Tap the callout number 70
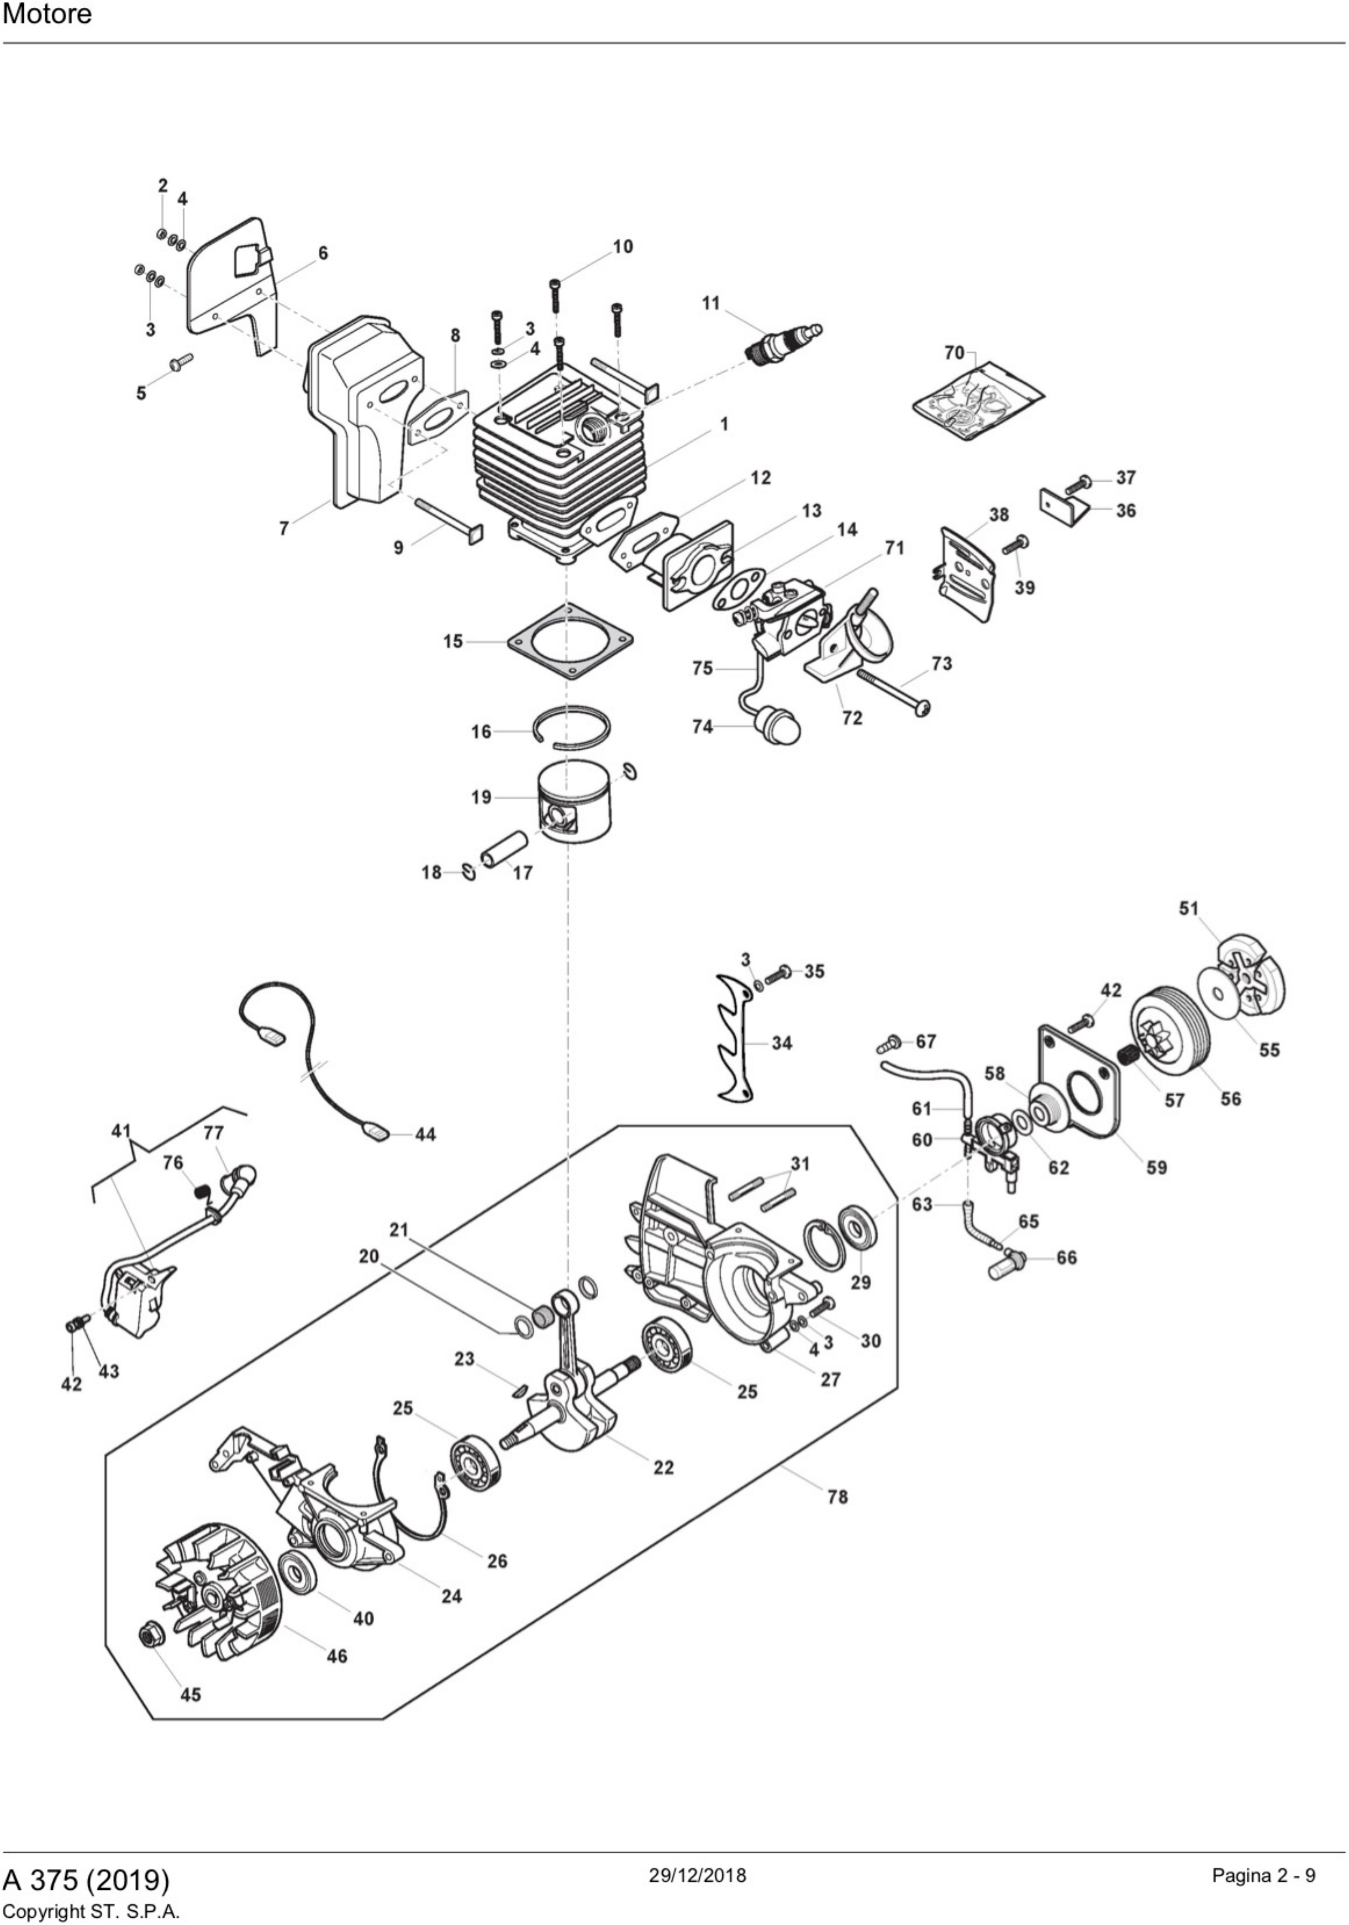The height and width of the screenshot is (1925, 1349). tap(954, 353)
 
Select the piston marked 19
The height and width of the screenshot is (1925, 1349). tap(575, 801)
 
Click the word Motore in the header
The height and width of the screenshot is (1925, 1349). tap(47, 14)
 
